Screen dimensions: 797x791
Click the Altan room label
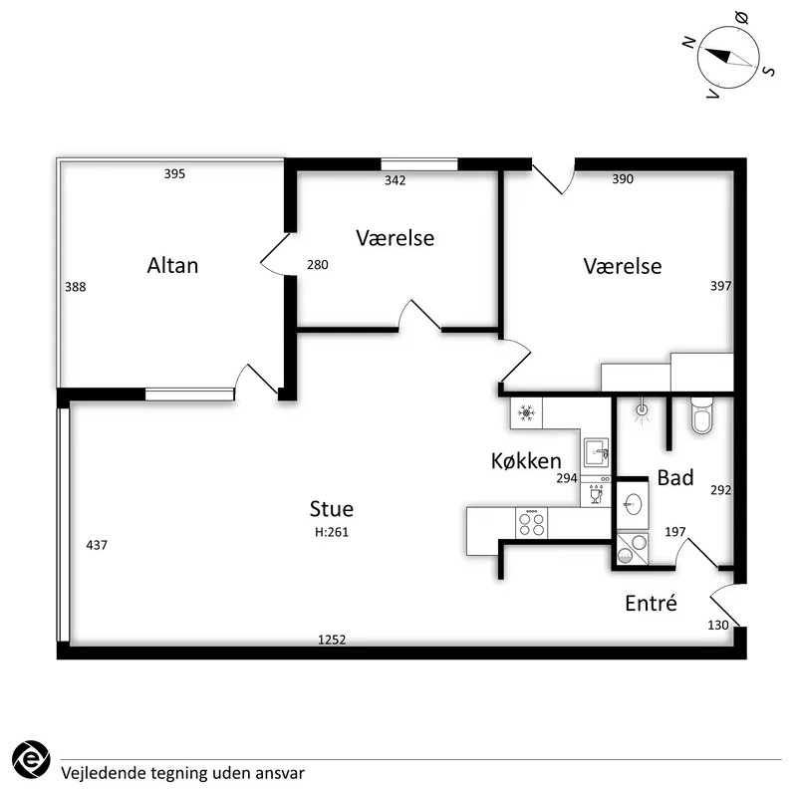(x=172, y=265)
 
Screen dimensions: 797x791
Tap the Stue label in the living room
(x=332, y=508)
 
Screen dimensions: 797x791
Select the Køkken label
(x=526, y=460)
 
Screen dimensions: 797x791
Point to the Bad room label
(x=675, y=477)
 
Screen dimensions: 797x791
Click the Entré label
(x=651, y=603)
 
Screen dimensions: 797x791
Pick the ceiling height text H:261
(x=332, y=532)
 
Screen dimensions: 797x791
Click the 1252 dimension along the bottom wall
(x=332, y=640)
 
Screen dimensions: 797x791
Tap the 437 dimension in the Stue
(x=97, y=545)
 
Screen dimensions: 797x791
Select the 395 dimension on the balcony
(x=174, y=174)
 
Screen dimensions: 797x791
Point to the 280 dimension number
(x=318, y=264)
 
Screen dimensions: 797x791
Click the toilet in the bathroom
(x=702, y=415)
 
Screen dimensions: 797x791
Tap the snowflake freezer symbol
(x=526, y=412)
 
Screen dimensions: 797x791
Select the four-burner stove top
(x=532, y=523)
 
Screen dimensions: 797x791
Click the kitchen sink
(x=596, y=452)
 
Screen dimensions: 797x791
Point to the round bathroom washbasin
(x=633, y=505)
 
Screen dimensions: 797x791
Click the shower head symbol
(x=643, y=410)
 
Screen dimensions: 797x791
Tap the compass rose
(x=728, y=58)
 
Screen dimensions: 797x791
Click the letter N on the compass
(x=688, y=43)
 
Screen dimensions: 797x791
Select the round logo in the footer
(x=31, y=759)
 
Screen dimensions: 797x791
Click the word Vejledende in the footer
(x=103, y=773)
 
